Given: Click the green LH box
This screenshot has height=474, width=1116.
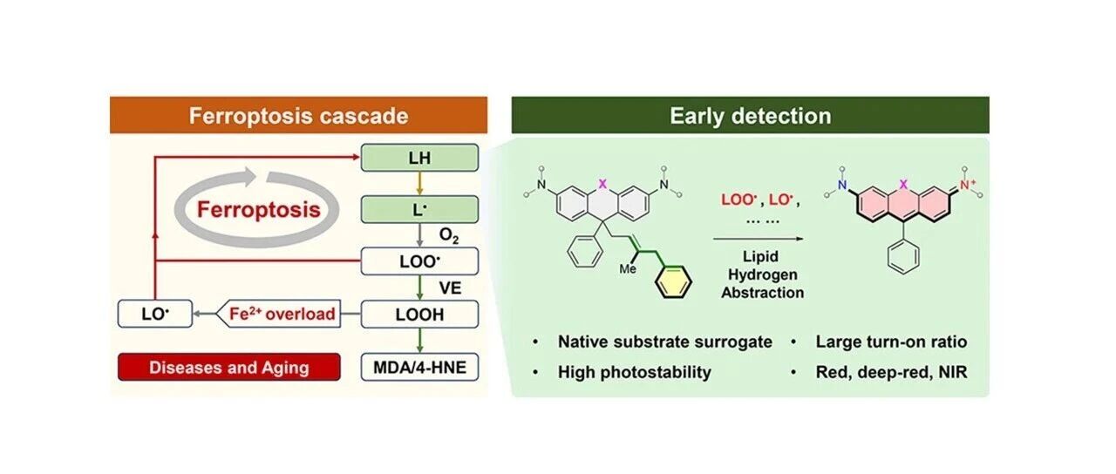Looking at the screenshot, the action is click(419, 158).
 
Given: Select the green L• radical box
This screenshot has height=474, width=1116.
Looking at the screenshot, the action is click(419, 210).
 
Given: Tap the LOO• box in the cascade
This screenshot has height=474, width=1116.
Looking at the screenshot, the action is click(419, 261).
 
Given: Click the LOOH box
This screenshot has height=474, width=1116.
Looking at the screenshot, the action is click(419, 315).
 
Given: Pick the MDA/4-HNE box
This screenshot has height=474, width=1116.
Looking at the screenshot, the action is click(419, 367).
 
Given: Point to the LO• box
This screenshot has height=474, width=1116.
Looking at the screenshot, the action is click(155, 314).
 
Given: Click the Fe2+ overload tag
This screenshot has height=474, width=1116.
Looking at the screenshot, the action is click(279, 314).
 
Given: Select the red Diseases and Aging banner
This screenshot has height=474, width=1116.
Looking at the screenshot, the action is click(229, 367).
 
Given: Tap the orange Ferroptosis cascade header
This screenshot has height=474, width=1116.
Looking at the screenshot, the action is click(298, 115).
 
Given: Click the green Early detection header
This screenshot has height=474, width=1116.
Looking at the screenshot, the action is click(751, 115).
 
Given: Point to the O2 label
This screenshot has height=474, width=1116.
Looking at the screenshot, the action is click(449, 235).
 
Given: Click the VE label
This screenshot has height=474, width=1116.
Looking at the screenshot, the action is click(450, 288).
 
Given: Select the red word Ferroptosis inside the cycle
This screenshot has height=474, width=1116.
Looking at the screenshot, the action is click(259, 209).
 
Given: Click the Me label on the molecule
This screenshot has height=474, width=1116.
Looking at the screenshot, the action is click(628, 269).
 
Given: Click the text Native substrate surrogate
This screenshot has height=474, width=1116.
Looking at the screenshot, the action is click(665, 342).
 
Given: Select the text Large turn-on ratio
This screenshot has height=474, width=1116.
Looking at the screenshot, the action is click(891, 342).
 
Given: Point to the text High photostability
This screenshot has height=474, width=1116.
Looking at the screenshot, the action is click(634, 372).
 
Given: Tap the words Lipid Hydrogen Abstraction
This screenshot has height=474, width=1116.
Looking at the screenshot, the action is click(762, 274).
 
